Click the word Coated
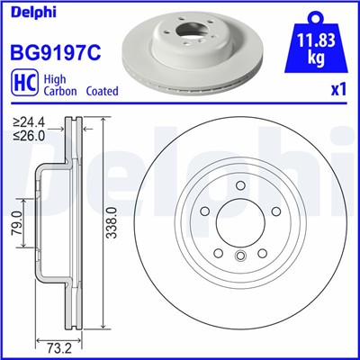[103, 91]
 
